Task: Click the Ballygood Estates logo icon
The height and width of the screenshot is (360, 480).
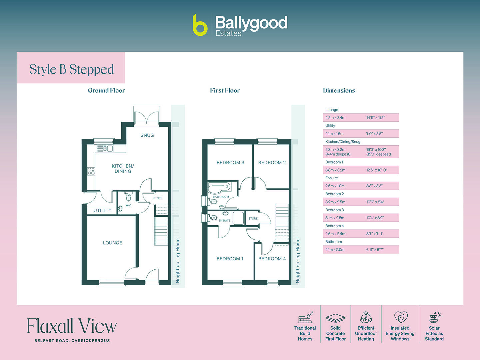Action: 200,25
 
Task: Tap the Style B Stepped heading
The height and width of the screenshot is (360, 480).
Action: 71,69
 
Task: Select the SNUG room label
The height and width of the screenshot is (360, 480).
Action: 147,135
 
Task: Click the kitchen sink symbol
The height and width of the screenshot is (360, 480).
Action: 105,148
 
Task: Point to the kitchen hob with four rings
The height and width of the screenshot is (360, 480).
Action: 91,171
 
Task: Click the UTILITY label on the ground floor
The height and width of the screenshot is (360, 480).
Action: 102,211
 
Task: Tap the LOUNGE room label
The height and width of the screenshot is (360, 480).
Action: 112,243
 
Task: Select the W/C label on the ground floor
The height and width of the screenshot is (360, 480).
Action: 128,205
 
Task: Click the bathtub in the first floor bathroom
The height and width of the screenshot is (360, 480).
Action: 219,187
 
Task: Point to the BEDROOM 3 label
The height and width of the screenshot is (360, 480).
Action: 230,163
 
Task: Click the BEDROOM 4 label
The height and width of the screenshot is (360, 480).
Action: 272,259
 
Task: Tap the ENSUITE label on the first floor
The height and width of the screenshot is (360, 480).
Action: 224,221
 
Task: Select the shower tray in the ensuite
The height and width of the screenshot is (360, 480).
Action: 238,218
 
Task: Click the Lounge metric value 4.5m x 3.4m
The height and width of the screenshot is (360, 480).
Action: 335,118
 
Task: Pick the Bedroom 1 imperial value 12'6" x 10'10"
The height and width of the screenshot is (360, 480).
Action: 377,170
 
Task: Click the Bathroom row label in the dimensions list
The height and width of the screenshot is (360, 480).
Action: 334,242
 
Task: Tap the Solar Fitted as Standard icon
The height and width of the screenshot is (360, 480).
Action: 434,317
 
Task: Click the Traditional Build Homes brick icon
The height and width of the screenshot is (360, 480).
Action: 305,317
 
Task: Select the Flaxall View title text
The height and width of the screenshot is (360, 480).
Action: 72,326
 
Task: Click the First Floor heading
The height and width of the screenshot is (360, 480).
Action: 225,90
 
